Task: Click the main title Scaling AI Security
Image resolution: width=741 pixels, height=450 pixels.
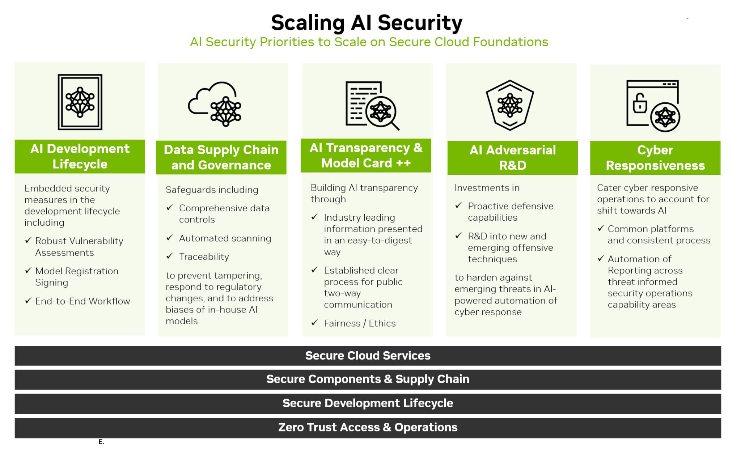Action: point(367,23)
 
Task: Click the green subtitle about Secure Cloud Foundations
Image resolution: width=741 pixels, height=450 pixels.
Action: point(369,42)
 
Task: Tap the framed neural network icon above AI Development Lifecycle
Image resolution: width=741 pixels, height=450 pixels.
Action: point(80,102)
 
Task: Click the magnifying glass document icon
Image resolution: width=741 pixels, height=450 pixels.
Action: point(372,105)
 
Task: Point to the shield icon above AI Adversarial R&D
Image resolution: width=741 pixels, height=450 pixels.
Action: point(510,105)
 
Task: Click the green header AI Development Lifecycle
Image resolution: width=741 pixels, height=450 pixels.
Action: point(80,156)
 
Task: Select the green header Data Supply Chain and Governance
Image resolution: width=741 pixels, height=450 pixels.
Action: point(221,157)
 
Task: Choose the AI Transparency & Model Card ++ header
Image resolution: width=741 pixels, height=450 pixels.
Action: point(366,156)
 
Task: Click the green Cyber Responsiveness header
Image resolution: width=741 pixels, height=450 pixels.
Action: point(655,158)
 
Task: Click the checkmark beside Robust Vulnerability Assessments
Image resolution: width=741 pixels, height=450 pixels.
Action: point(28,240)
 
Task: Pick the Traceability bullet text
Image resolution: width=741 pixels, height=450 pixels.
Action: point(204,256)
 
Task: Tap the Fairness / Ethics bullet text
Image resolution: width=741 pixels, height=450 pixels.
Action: point(360,323)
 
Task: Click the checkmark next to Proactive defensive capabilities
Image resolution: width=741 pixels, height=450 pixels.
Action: point(458,205)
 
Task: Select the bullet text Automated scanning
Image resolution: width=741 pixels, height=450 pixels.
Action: point(225,238)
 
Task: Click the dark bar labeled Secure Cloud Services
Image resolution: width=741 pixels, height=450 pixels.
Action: point(368,356)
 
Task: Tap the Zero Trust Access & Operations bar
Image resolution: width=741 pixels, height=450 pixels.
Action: point(368,428)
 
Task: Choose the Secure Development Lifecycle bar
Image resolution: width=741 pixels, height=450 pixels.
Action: point(368,403)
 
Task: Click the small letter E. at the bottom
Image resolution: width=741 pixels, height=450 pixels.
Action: point(101,442)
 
